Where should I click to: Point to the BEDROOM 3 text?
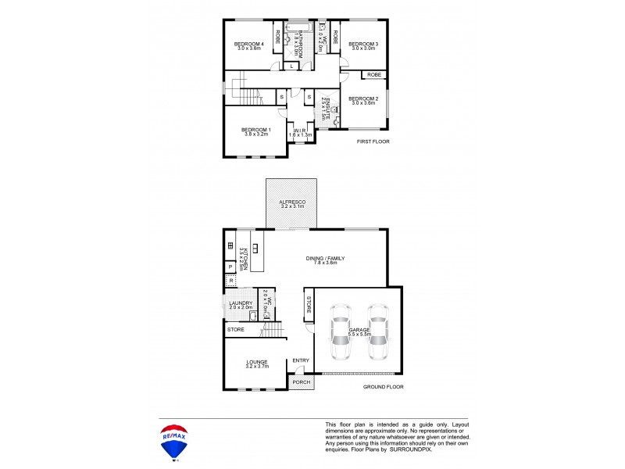click(363, 44)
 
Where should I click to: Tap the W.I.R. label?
click(300, 130)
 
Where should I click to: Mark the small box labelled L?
click(291, 66)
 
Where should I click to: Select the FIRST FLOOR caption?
click(373, 141)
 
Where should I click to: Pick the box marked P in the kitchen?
click(230, 267)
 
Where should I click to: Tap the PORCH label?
click(301, 382)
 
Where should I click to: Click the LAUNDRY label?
click(240, 303)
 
